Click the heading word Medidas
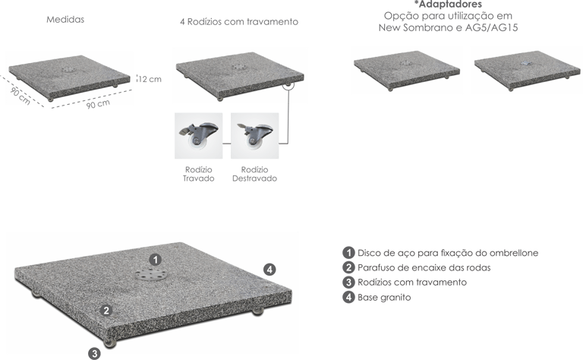tap(65, 19)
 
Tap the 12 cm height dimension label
tap(150, 79)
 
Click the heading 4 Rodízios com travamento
tap(239, 21)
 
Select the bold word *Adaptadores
tap(448, 5)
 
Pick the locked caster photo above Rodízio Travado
tap(199, 136)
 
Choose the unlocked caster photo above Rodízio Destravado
tap(255, 136)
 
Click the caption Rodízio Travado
tap(199, 174)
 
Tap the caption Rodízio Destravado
tap(255, 174)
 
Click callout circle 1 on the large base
tap(155, 260)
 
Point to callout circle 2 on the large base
tap(106, 310)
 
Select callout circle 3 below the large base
tap(94, 353)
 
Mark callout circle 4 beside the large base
tap(269, 270)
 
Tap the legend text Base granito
tap(384, 297)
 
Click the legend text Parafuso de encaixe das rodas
tap(424, 267)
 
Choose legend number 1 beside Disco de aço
tap(348, 253)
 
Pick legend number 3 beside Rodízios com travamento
tap(348, 283)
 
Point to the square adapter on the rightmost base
tap(527, 63)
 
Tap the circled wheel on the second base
tap(288, 85)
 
